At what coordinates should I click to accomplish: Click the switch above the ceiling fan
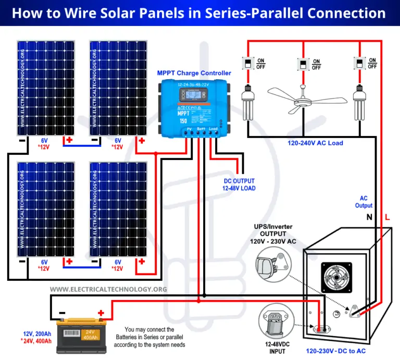coord(302,64)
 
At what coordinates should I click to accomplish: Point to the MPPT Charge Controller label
coord(194,73)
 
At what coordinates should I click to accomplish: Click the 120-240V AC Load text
coord(315,143)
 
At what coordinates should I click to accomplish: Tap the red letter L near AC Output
coord(386,216)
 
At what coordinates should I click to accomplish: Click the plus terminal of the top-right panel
coord(141,141)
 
